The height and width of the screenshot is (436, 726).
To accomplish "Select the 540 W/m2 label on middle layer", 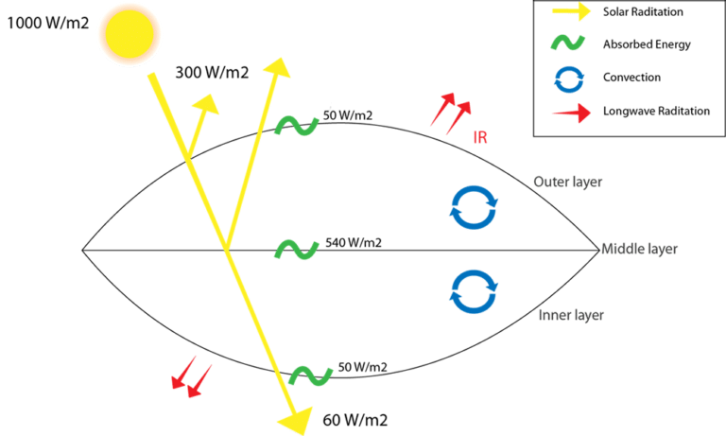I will pos(353,243).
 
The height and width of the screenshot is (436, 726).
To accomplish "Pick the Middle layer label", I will pos(640,249).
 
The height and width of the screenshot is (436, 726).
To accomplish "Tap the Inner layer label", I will pos(571,315).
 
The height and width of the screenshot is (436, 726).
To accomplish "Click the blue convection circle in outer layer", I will pos(473,208).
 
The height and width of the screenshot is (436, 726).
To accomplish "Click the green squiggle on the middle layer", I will pos(296,250).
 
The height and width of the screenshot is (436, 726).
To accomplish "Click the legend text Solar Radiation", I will pos(642,13).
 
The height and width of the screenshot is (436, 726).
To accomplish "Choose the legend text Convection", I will pos(632,77).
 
